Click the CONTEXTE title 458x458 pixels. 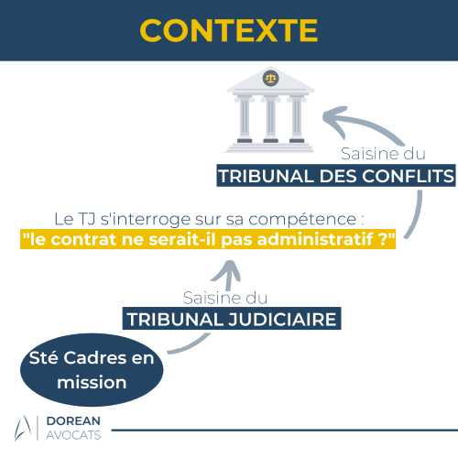(229, 30)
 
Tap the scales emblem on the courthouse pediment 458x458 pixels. (270, 78)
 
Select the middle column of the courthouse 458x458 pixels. (270, 120)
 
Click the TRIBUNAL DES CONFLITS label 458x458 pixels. (336, 176)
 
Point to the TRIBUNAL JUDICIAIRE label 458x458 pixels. (232, 319)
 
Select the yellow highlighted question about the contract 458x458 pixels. (208, 239)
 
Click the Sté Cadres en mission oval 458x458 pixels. (92, 370)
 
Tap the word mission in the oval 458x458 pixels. (92, 382)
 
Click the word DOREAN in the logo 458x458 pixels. (73, 420)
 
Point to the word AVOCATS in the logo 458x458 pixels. (73, 435)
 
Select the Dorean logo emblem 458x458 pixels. (22, 428)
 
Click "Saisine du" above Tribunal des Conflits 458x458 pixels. (383, 153)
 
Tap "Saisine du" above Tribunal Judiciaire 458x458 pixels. (225, 298)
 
